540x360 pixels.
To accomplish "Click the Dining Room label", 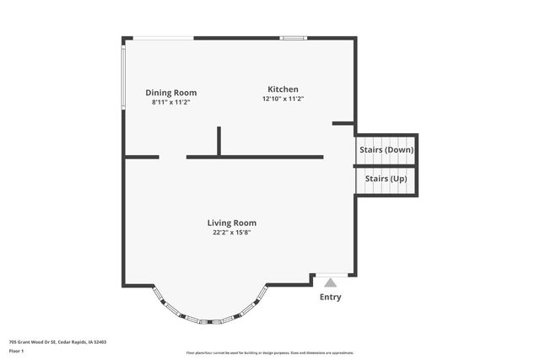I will pyautogui.click(x=170, y=93).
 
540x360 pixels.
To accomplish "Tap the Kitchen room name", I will pyautogui.click(x=283, y=89).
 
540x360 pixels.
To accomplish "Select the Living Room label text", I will pyautogui.click(x=231, y=223).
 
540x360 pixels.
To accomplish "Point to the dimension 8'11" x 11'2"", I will pyautogui.click(x=170, y=102).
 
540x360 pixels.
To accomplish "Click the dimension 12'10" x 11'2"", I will pyautogui.click(x=283, y=99).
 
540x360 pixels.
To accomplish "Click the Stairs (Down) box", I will pyautogui.click(x=386, y=150).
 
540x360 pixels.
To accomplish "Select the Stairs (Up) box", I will pyautogui.click(x=386, y=179).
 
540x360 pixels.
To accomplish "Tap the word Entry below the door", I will pyautogui.click(x=331, y=297).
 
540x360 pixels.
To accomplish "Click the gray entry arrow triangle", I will pyautogui.click(x=331, y=283).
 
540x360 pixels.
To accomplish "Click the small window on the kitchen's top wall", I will pyautogui.click(x=294, y=38).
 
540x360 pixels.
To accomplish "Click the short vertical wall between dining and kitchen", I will pyautogui.click(x=219, y=141).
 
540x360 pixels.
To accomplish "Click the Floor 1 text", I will pyautogui.click(x=17, y=351).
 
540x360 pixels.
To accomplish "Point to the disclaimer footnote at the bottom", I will pyautogui.click(x=270, y=352).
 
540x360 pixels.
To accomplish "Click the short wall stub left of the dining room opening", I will pyautogui.click(x=142, y=157).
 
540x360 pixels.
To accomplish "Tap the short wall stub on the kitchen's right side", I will pyautogui.click(x=343, y=124).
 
